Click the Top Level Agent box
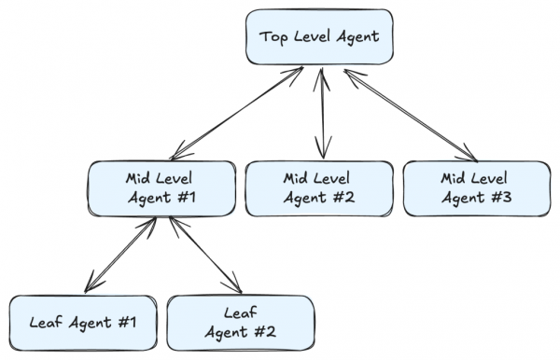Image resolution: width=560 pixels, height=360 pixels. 319,38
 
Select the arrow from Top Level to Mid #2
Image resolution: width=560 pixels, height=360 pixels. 322,112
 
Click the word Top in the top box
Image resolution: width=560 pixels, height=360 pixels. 273,38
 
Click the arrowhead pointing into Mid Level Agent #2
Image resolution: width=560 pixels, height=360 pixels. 323,152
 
